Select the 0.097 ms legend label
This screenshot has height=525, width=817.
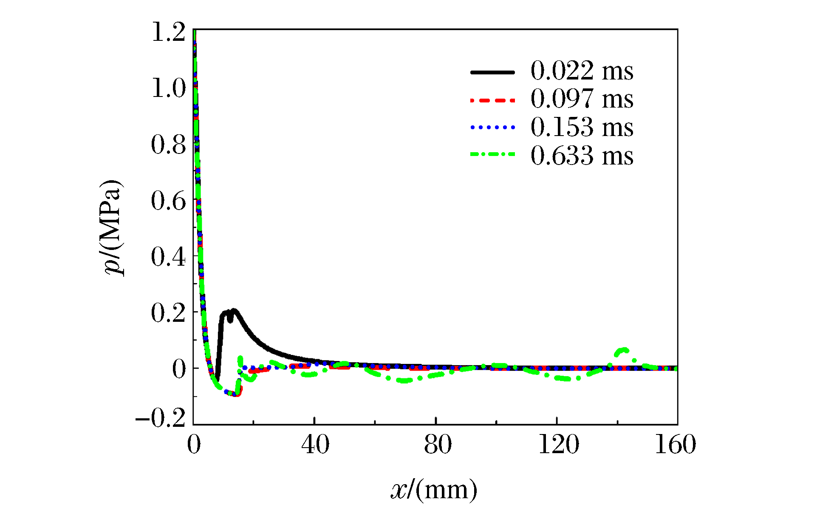click(582, 99)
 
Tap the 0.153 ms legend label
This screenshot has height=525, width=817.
click(582, 127)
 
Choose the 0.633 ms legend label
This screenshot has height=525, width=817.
click(582, 156)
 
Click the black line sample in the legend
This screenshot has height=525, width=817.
click(492, 72)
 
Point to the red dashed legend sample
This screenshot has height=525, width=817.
click(492, 101)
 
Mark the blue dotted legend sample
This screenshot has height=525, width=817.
click(492, 127)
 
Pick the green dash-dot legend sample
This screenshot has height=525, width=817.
click(492, 154)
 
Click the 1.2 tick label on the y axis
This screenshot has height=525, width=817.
click(168, 32)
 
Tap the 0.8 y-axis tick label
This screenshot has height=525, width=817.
click(168, 145)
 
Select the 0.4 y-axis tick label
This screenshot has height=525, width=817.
click(168, 257)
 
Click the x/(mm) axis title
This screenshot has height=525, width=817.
click(434, 490)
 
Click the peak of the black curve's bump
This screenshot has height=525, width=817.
click(233, 310)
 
